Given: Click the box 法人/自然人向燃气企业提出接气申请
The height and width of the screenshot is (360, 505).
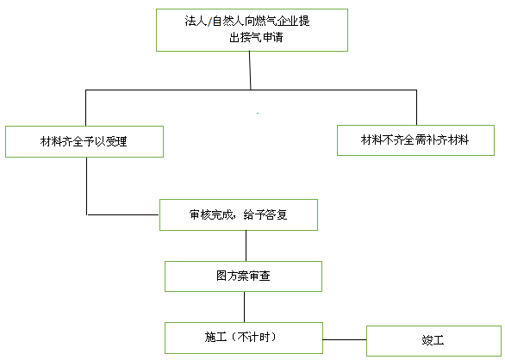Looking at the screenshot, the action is pyautogui.click(x=252, y=30).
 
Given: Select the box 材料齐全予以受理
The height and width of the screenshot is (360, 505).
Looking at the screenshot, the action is pyautogui.click(x=84, y=142).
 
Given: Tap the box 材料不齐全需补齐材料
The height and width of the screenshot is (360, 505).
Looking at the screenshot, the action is pyautogui.click(x=415, y=140).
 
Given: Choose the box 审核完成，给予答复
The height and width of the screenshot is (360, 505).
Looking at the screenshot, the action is pyautogui.click(x=239, y=214).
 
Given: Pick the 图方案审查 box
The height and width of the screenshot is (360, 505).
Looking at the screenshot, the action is pyautogui.click(x=243, y=276).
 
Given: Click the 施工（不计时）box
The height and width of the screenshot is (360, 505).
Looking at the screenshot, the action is pyautogui.click(x=244, y=338).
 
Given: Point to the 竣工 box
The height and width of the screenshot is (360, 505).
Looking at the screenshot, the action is pyautogui.click(x=433, y=341).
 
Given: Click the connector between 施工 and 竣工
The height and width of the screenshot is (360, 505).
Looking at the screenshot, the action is pyautogui.click(x=345, y=339).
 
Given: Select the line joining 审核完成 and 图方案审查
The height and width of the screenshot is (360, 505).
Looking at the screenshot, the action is pyautogui.click(x=246, y=245).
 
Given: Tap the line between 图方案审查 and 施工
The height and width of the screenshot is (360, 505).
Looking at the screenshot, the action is pyautogui.click(x=244, y=307).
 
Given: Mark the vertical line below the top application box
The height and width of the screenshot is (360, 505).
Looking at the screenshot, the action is pyautogui.click(x=250, y=71).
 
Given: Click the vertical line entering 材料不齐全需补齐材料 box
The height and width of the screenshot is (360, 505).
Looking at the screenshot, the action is pyautogui.click(x=416, y=108).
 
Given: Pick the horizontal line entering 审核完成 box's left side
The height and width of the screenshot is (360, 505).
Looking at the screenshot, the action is pyautogui.click(x=122, y=214).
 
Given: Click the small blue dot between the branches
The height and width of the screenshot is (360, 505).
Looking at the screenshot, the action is pyautogui.click(x=258, y=113).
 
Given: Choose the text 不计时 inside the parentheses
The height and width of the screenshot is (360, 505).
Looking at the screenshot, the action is pyautogui.click(x=253, y=337).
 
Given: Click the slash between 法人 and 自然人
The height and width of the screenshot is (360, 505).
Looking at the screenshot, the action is pyautogui.click(x=209, y=22).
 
